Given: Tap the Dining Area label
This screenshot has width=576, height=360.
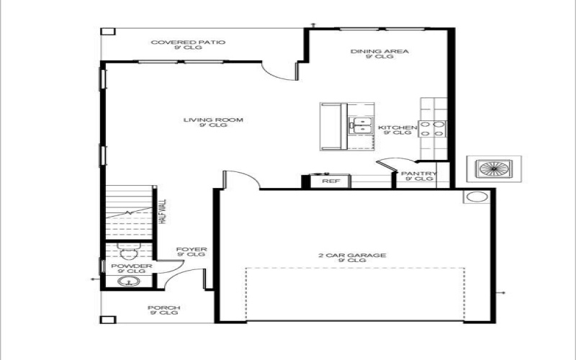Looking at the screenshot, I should (380, 54).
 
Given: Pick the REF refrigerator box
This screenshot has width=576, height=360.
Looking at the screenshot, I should (330, 181).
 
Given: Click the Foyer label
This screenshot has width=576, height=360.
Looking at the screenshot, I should (191, 252).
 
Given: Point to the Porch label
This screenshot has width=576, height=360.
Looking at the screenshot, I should (164, 310).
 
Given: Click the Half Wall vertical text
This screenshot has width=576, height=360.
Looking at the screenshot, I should (163, 212).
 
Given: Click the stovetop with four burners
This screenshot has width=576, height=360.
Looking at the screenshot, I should (432, 128).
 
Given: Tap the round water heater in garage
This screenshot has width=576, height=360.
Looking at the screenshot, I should (476, 197).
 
